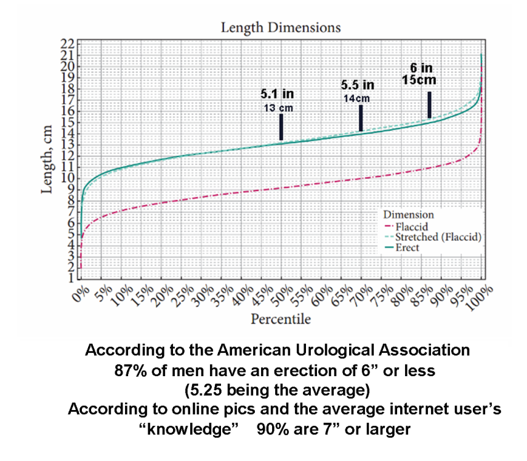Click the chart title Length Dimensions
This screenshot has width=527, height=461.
pos(280,28)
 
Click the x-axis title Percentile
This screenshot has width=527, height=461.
pos(280,319)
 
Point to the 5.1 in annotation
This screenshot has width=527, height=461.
pos(277,94)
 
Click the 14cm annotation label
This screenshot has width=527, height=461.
pos(358,98)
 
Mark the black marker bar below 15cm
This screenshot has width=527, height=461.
pos(429,104)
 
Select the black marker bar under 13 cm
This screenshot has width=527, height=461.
pos(281,127)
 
